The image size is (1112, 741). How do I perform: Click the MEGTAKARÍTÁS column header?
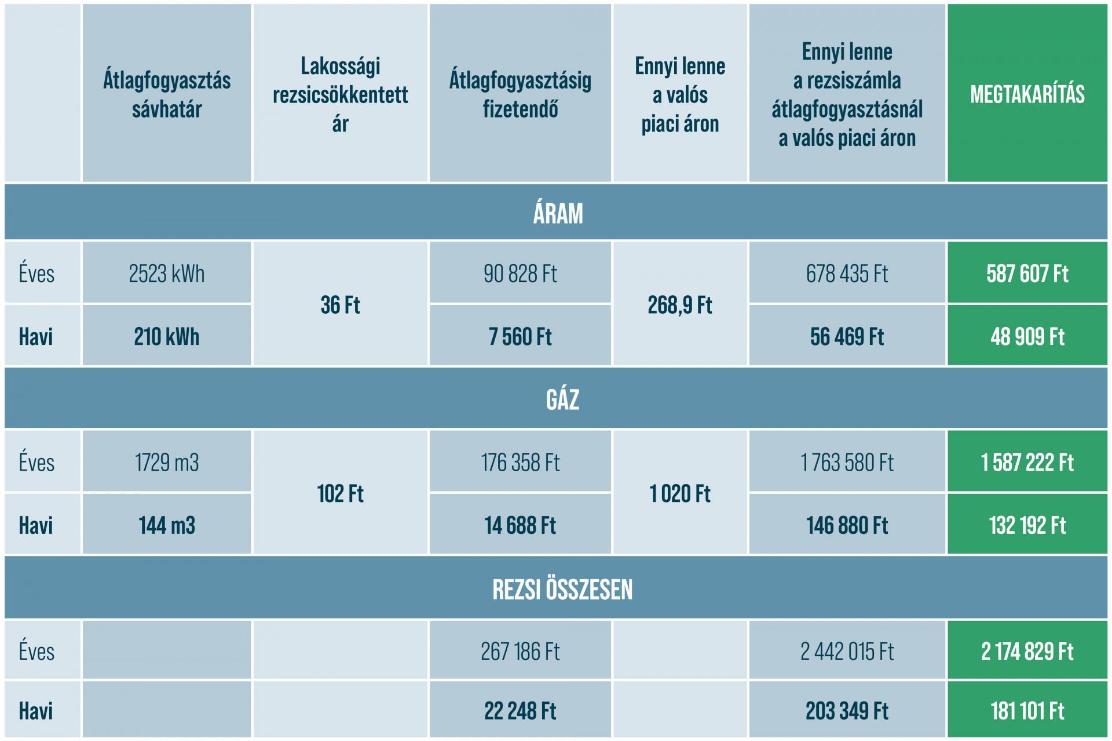[x=1027, y=94]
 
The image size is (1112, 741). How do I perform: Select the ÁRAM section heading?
[x=558, y=213]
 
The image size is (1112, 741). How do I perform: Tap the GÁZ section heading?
[x=562, y=399]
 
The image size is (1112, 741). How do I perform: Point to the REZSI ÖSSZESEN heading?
[x=562, y=589]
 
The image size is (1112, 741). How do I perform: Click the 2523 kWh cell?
[x=167, y=273]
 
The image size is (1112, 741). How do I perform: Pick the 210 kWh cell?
[x=167, y=336]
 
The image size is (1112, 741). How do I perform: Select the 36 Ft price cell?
[x=341, y=305]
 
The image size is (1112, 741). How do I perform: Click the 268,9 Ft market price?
[x=680, y=305]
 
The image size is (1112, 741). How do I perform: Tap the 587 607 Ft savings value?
[x=1027, y=273]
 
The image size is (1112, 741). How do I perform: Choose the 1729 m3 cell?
[x=167, y=462]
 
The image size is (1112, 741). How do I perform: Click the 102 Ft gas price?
[x=341, y=494]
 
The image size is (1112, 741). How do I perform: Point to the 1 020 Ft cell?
[x=680, y=494]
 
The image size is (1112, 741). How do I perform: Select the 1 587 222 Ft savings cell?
[x=1027, y=462]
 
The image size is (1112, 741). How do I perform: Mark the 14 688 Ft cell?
[x=520, y=525]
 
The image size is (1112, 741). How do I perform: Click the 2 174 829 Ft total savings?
[x=1027, y=651]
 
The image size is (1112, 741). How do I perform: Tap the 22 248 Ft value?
[x=520, y=711]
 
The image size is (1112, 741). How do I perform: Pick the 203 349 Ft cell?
[x=847, y=711]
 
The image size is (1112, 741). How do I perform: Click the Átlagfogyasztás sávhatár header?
[x=167, y=94]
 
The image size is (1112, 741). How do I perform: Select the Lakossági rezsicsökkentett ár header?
[x=341, y=94]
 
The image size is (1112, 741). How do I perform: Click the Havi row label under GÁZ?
[x=36, y=525]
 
